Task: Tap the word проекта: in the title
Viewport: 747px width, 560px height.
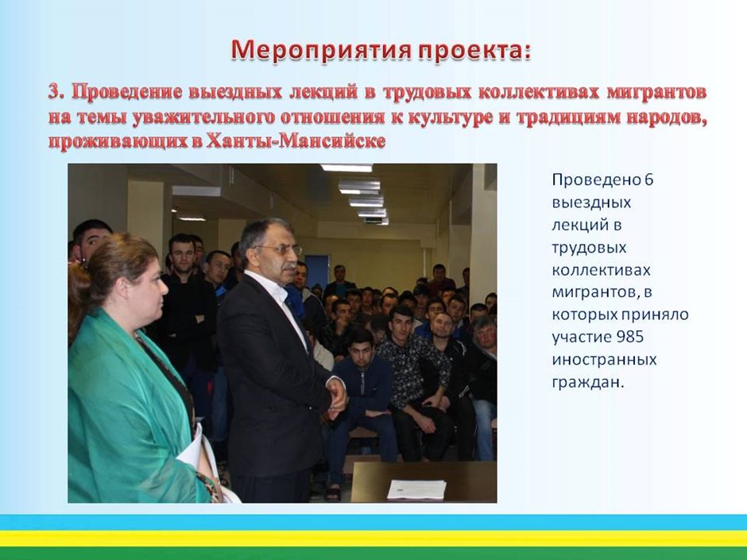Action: coord(474,51)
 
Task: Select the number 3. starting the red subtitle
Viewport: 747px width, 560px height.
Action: coord(57,92)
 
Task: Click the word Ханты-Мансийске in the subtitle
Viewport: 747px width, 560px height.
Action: coord(296,141)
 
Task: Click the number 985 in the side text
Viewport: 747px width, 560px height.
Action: coord(630,337)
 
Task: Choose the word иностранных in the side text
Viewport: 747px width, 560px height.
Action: coord(604,359)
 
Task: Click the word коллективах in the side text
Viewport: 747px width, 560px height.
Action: coord(601,270)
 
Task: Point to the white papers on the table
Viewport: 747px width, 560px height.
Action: coord(417,489)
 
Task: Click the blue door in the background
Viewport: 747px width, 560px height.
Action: coord(317,272)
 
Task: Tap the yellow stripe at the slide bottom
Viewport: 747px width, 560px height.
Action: coord(373,539)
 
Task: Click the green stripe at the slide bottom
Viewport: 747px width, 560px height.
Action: coord(373,554)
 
